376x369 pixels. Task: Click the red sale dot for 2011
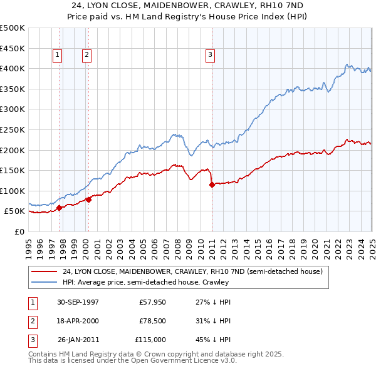(212, 184)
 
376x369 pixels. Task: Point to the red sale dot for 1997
(59, 208)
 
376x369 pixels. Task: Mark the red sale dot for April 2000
(88, 200)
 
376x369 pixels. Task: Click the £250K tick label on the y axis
(13, 129)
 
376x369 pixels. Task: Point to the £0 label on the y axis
(19, 231)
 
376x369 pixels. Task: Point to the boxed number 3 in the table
(32, 340)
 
